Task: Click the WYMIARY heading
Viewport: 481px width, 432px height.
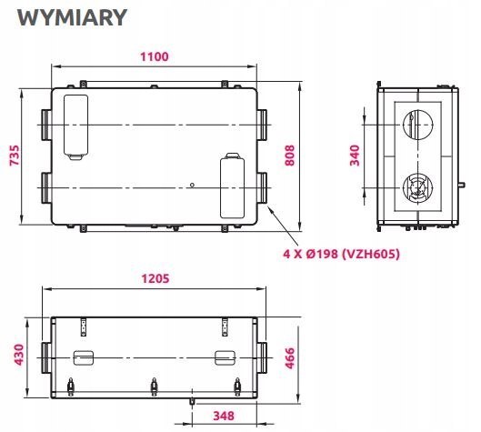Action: [x=72, y=17]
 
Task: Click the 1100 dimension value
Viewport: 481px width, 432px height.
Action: [x=155, y=56]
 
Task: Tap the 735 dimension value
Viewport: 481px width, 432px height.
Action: [x=15, y=156]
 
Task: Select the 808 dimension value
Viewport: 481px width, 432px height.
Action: [x=289, y=156]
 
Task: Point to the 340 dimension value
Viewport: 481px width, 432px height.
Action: [x=355, y=156]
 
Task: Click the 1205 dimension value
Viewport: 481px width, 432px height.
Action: [x=155, y=278]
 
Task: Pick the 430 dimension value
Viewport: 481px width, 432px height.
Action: [x=19, y=355]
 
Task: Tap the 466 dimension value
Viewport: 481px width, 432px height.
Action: [x=289, y=357]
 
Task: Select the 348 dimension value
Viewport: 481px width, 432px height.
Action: [x=224, y=416]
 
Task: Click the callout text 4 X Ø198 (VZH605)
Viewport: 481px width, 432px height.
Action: [x=341, y=254]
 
